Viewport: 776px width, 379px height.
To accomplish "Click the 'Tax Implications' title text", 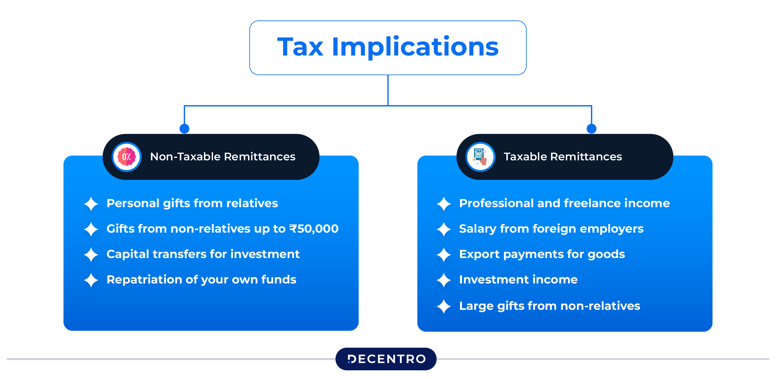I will pos(388,47).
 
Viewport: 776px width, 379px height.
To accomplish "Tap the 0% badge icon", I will pos(127,157).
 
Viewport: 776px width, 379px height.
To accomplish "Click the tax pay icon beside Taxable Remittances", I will pos(480,157).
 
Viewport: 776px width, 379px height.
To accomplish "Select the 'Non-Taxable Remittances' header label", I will pos(223,157).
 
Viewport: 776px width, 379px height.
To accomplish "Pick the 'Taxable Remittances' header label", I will pos(562,157).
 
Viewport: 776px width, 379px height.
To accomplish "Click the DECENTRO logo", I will pos(386,359).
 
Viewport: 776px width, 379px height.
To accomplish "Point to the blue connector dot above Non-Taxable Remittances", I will pos(184,128).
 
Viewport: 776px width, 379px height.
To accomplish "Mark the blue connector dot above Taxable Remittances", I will pos(591,128).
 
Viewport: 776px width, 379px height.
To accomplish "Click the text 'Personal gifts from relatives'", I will pos(192,203).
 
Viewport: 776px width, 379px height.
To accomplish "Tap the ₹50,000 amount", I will pos(314,229).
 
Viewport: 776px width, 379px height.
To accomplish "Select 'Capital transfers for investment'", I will pos(203,254).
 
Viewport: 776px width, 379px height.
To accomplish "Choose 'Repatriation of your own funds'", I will pos(201,280).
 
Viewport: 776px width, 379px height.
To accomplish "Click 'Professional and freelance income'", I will pos(564,203).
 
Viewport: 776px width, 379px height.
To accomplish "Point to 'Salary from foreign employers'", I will pos(551,229).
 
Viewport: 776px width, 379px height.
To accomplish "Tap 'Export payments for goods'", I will pos(542,254).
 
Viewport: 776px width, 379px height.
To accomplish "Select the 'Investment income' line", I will pos(518,280).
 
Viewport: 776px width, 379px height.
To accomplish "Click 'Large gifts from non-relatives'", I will pos(549,306).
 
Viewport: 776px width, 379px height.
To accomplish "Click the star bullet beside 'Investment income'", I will pos(444,280).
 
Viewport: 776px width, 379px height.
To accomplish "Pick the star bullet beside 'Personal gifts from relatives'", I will pos(91,204).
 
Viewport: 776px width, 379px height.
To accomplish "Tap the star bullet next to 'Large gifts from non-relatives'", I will pos(444,306).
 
